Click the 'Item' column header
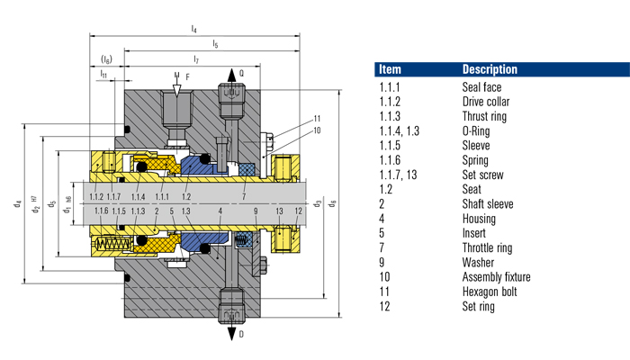[391, 69]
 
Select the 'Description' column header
[490, 69]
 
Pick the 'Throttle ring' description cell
[490, 247]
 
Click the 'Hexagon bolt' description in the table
[490, 292]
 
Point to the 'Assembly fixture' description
[496, 277]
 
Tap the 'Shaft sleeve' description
[487, 203]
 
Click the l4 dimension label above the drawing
[195, 30]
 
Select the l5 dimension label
[213, 44]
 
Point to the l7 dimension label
[195, 58]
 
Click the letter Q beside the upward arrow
[240, 73]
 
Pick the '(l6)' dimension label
[106, 58]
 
